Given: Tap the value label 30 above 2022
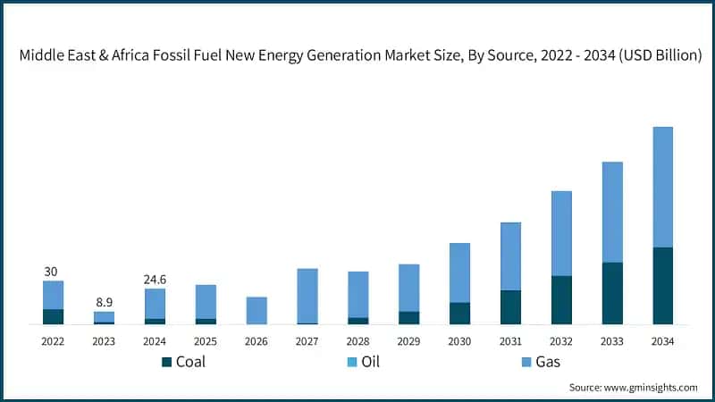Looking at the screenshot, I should [x=53, y=272].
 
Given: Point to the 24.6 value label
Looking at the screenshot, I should [x=155, y=279].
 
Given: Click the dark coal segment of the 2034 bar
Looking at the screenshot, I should [x=663, y=285].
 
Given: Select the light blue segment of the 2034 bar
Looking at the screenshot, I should [x=663, y=187].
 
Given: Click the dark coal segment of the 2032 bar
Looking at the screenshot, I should [x=561, y=299].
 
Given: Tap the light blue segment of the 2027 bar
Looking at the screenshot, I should [x=307, y=296].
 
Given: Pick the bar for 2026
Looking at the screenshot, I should [x=257, y=310].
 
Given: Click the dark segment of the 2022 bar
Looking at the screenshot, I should [x=53, y=316].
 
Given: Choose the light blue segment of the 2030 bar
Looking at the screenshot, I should [x=459, y=272].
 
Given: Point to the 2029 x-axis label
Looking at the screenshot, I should [x=408, y=341].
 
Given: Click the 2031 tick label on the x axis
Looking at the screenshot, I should [x=510, y=341].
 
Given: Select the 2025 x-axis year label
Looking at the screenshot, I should [x=206, y=341].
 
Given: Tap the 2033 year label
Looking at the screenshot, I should [x=612, y=341].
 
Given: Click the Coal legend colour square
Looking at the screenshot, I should [x=166, y=362].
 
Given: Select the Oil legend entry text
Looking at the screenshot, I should [x=368, y=362].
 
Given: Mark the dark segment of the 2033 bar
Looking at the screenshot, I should [x=612, y=293].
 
